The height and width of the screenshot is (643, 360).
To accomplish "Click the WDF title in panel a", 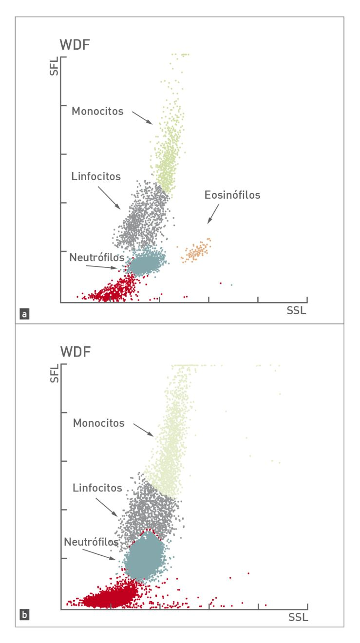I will click(x=75, y=45).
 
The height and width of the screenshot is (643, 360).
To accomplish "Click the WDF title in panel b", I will click(x=75, y=352).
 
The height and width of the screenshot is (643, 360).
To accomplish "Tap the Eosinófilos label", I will click(x=232, y=195).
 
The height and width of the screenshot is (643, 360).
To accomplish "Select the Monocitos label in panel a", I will click(x=97, y=111).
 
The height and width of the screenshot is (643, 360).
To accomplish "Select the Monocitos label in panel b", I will click(x=99, y=423).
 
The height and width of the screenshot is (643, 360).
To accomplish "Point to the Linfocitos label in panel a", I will click(x=95, y=176).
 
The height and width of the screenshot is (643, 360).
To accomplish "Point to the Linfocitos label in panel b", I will click(x=97, y=488).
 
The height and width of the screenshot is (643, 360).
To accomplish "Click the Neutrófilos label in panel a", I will click(x=97, y=257).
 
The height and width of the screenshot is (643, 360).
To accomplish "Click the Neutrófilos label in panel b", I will click(x=91, y=541).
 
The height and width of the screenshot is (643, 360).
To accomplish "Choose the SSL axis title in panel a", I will click(x=297, y=310).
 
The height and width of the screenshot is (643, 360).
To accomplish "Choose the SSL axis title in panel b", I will click(x=298, y=617).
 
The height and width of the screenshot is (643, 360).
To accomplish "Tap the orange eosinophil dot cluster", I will click(x=196, y=251).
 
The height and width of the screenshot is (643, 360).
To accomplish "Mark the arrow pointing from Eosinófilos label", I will click(x=213, y=214).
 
